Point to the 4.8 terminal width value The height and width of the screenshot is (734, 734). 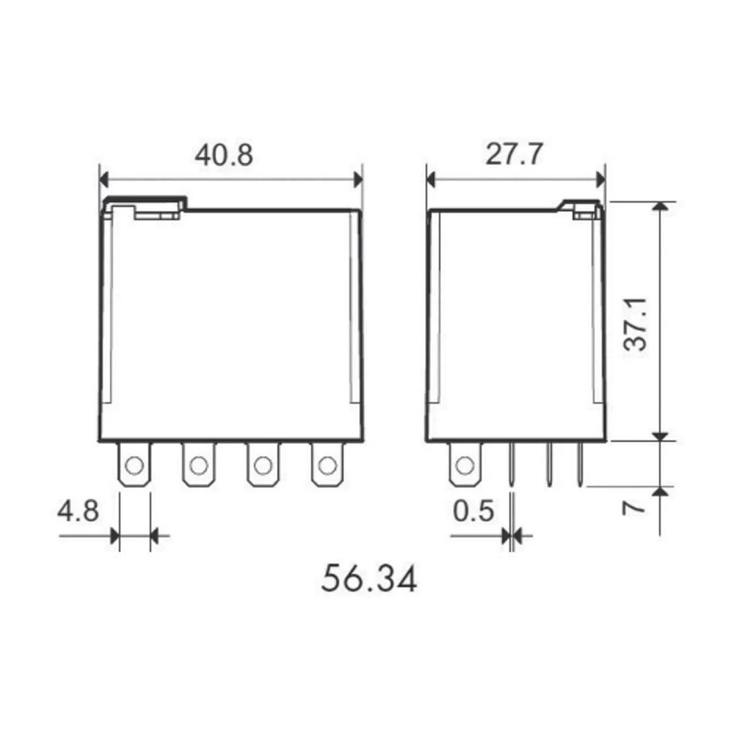(78, 510)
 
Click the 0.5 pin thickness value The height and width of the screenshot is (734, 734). (473, 510)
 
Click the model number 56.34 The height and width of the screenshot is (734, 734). (369, 578)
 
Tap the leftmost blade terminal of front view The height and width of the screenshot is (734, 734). (134, 464)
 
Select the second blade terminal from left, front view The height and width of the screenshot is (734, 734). (198, 464)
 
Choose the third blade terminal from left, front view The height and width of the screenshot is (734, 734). (262, 464)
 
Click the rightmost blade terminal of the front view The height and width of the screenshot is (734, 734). (327, 464)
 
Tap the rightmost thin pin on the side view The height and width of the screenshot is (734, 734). (579, 464)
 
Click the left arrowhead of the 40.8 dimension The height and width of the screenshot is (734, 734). (103, 178)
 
